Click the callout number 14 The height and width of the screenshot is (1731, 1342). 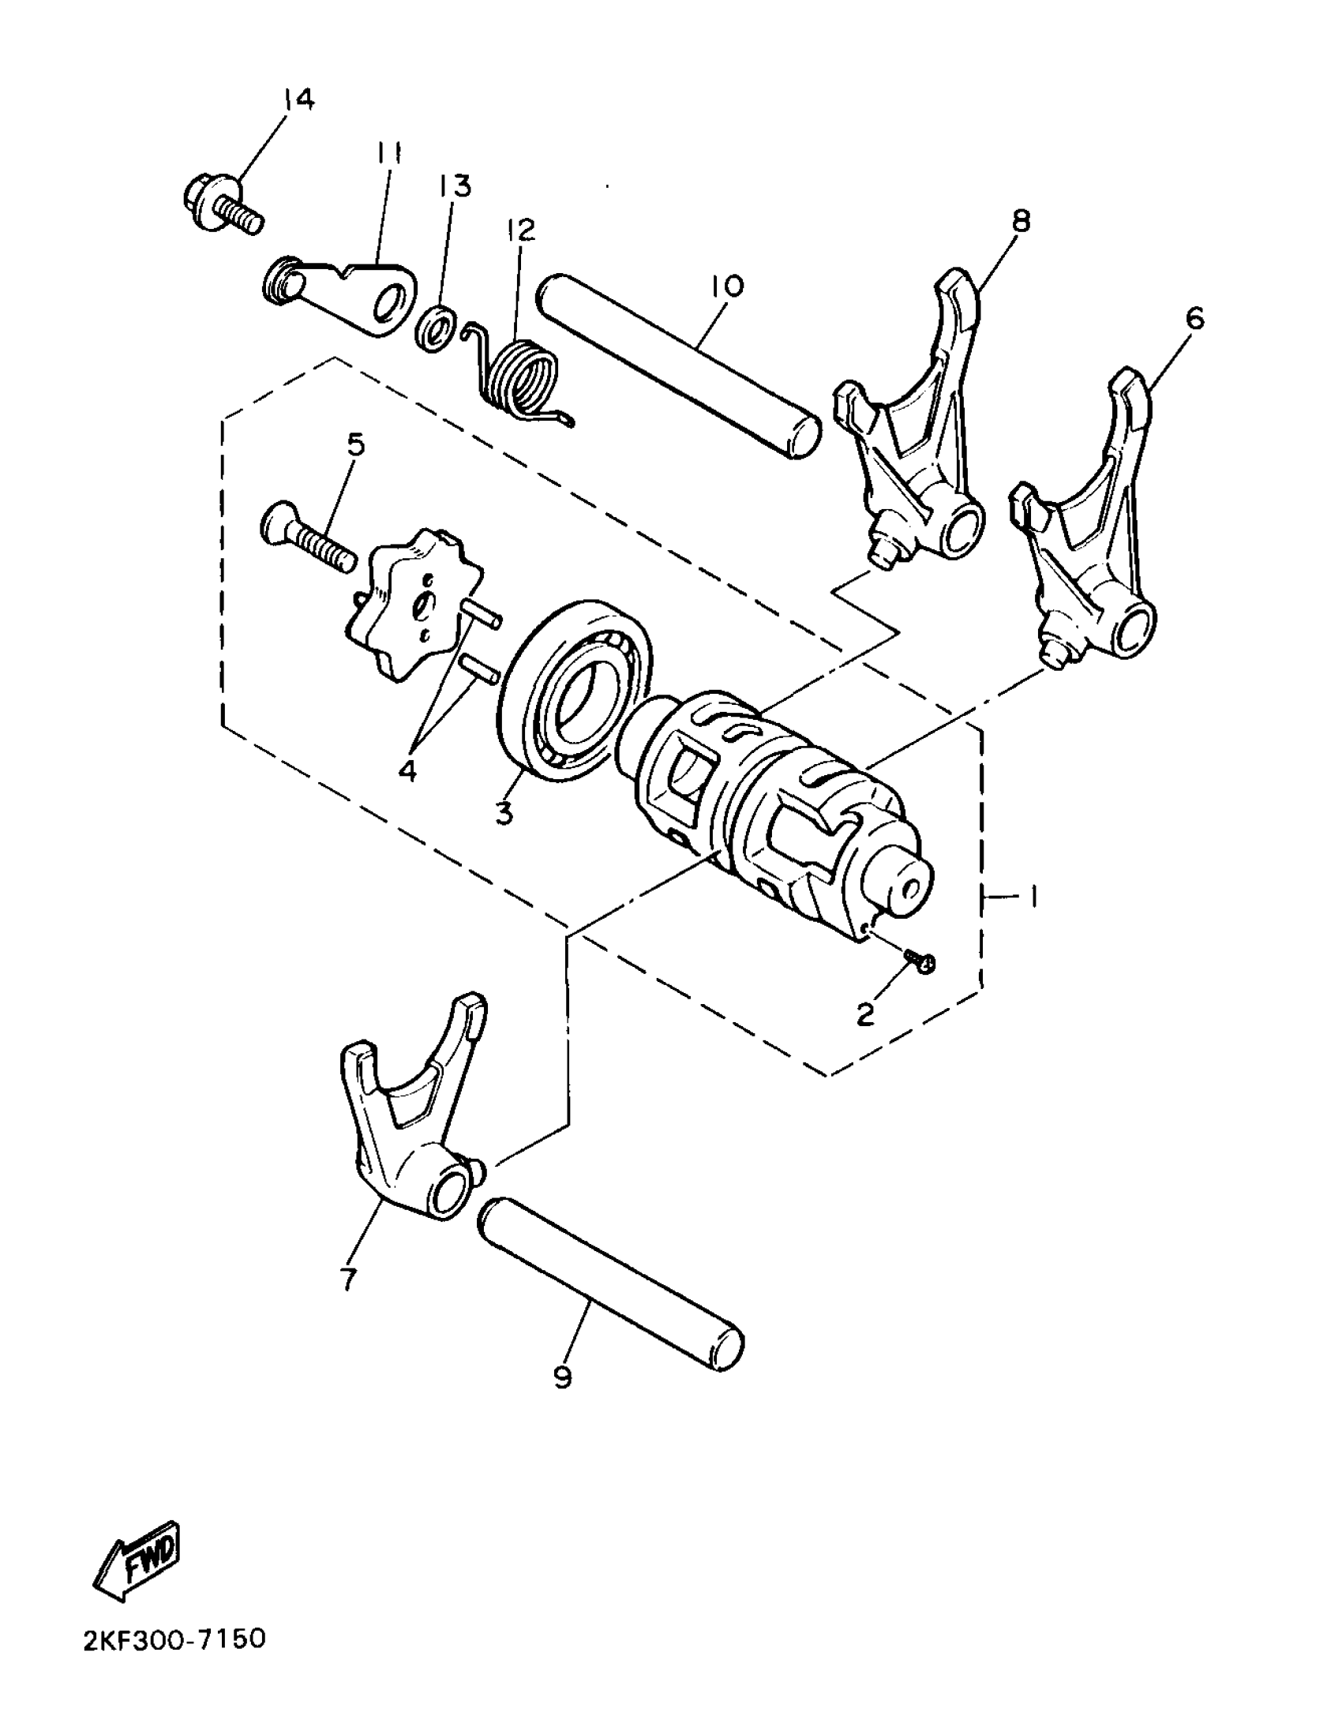(x=298, y=101)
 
